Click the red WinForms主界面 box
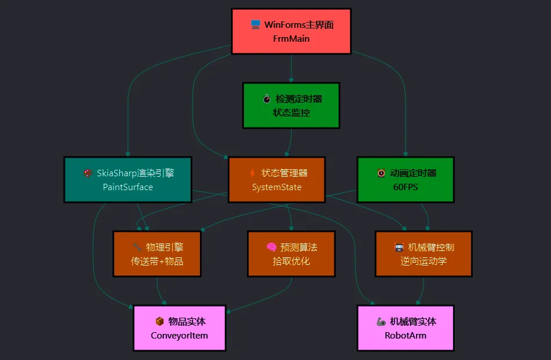(x=291, y=31)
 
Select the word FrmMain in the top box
(x=291, y=39)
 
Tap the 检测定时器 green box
(x=291, y=106)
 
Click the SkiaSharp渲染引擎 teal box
(x=127, y=180)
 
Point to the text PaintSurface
(x=127, y=187)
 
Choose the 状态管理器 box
(x=276, y=180)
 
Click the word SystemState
(x=276, y=187)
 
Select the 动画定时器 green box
(x=405, y=180)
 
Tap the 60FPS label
(x=405, y=187)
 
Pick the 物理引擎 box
(x=157, y=254)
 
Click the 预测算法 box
(x=291, y=254)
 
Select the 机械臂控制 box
(x=424, y=254)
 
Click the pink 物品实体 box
(x=180, y=328)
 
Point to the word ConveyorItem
(x=180, y=336)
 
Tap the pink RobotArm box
(x=405, y=328)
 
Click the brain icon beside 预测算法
(x=271, y=247)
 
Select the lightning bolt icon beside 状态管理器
(x=252, y=173)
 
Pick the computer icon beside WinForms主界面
(x=256, y=24)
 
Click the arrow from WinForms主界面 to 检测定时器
(x=291, y=68)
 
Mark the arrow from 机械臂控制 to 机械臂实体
(x=421, y=292)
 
